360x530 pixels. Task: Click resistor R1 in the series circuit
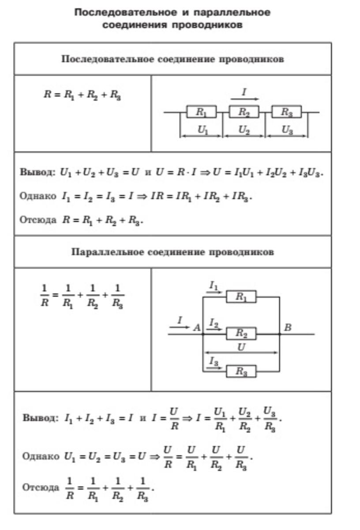click(x=201, y=112)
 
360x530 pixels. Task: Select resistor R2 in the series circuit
click(x=244, y=112)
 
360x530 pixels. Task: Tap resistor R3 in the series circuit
click(x=286, y=112)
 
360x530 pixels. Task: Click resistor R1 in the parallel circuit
click(x=241, y=296)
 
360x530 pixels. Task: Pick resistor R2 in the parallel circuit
click(x=241, y=334)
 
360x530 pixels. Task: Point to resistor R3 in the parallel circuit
click(x=241, y=371)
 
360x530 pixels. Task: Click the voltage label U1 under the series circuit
click(x=203, y=130)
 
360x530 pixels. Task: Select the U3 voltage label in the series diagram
click(x=287, y=130)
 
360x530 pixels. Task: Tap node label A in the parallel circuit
click(x=197, y=328)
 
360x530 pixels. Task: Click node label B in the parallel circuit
click(x=288, y=328)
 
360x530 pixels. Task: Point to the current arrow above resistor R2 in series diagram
click(x=245, y=99)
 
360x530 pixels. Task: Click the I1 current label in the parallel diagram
click(x=214, y=286)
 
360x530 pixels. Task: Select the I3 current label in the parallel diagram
click(x=214, y=361)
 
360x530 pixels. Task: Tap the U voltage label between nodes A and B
click(x=241, y=347)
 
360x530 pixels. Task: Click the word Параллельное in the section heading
click(x=108, y=252)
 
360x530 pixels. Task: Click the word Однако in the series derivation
click(x=38, y=196)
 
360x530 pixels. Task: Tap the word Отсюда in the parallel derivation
click(x=41, y=487)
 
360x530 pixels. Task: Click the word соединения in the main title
click(x=135, y=25)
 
